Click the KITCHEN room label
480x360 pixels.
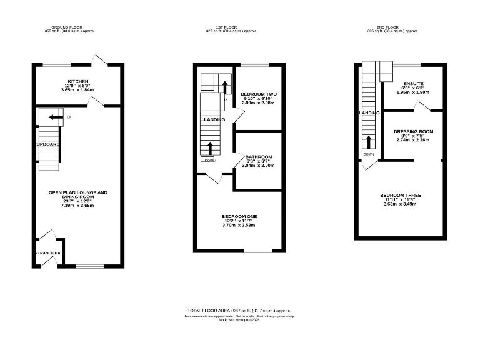click(78, 81)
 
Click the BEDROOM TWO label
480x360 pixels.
click(259, 94)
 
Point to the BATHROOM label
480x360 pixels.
click(259, 157)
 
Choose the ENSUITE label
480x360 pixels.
click(413, 83)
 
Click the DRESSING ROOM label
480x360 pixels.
click(413, 131)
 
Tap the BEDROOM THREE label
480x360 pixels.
click(401, 196)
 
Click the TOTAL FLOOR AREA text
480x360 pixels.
click(210, 311)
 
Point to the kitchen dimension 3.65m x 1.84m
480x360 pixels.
click(78, 90)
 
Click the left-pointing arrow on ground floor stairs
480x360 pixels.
click(56, 117)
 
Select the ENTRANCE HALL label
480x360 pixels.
click(48, 253)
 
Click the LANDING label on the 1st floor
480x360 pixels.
click(214, 119)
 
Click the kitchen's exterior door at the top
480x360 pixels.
click(101, 61)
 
